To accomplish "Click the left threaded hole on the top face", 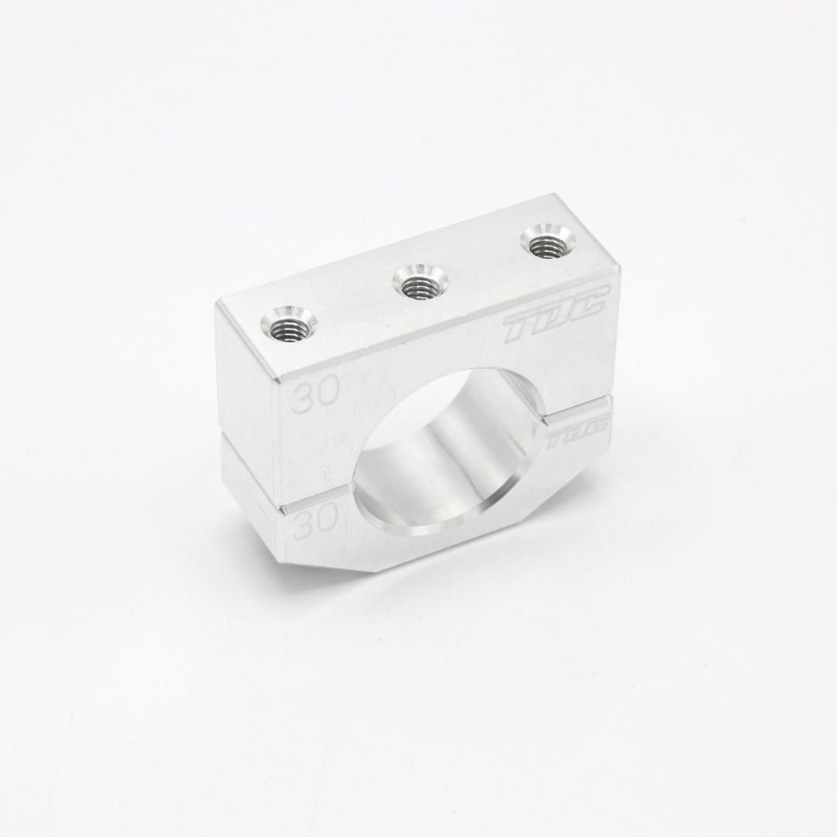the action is tap(289, 325).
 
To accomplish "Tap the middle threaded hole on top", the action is tap(420, 281).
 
